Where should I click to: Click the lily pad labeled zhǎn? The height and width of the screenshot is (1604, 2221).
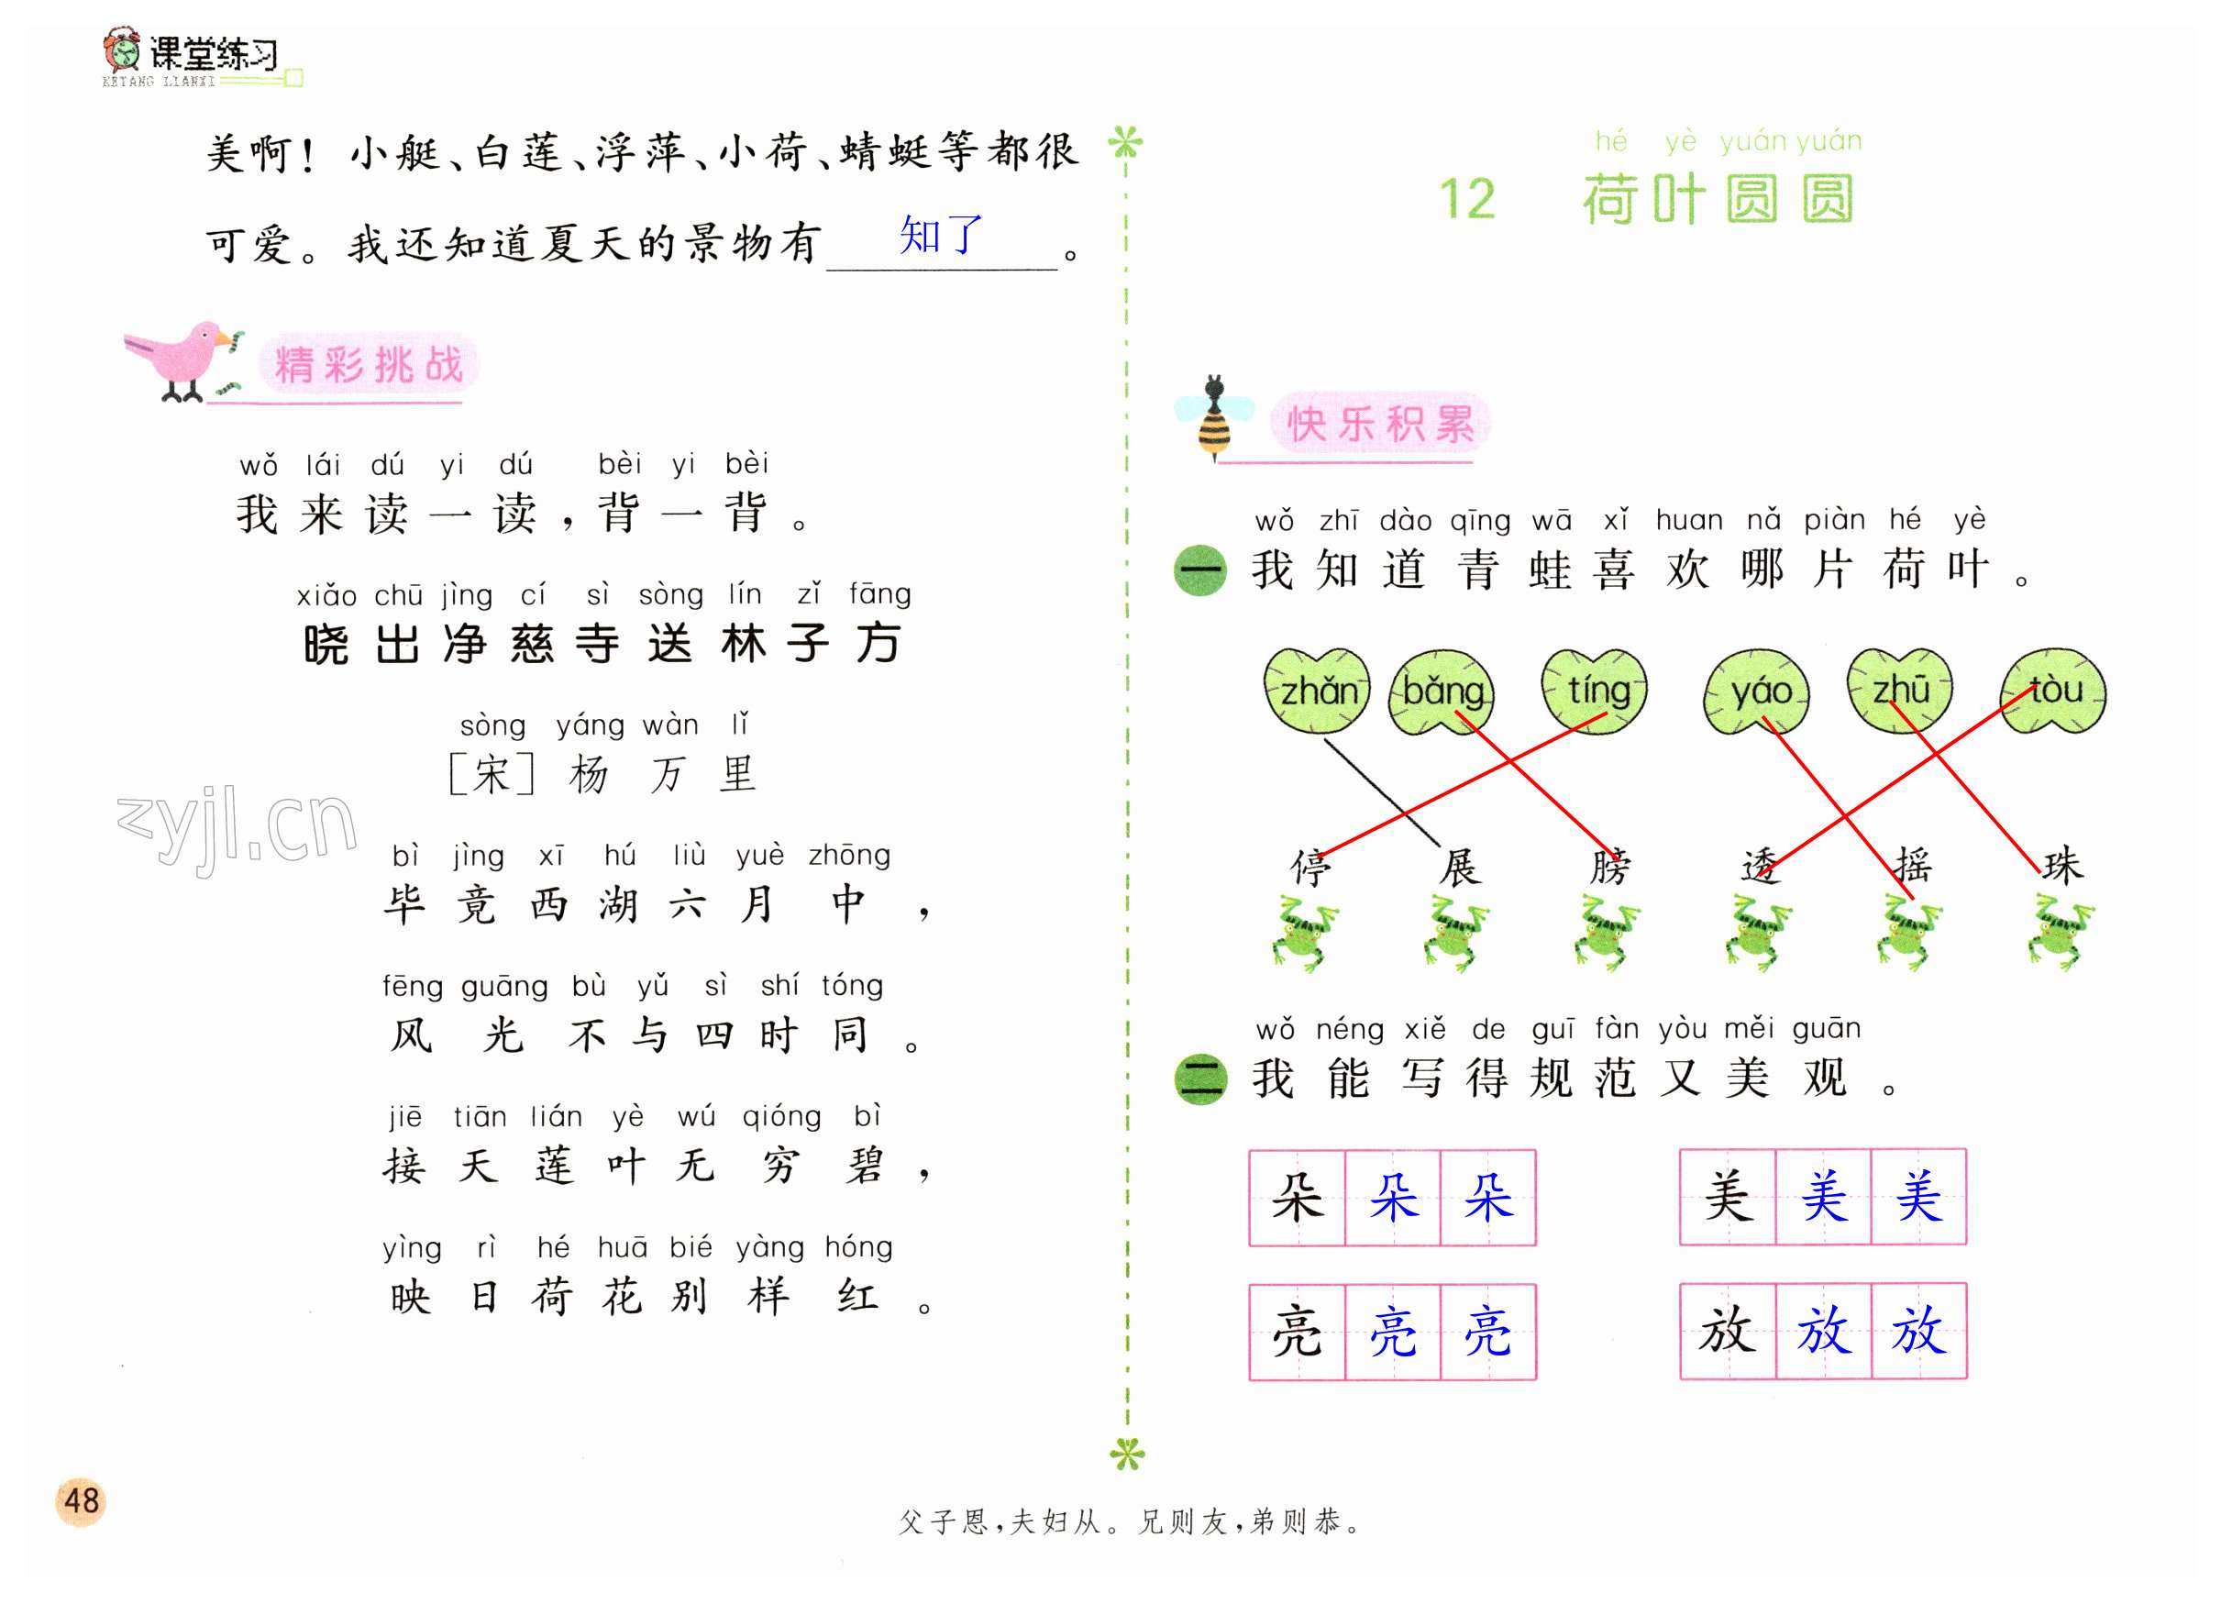1316,691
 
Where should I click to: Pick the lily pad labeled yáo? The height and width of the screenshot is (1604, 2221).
1757,691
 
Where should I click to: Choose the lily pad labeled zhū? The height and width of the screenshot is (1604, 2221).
1900,690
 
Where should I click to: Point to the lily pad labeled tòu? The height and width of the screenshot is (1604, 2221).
2052,690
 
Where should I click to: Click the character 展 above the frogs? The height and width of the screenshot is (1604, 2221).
1459,866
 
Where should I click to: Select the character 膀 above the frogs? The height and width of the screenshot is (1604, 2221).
1609,866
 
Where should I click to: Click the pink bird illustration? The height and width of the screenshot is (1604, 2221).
184,361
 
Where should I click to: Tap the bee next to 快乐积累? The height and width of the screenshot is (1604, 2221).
1214,417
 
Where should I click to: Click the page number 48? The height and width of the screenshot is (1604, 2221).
82,1500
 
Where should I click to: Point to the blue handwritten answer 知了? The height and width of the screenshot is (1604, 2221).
940,235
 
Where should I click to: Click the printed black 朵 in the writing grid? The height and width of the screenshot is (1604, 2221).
1297,1197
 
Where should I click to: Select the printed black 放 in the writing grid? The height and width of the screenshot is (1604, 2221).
1728,1330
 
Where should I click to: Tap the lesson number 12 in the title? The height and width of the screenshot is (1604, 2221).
1467,199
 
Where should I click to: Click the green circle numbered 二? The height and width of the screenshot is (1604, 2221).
1199,1079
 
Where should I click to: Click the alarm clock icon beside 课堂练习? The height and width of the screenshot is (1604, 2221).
122,49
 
